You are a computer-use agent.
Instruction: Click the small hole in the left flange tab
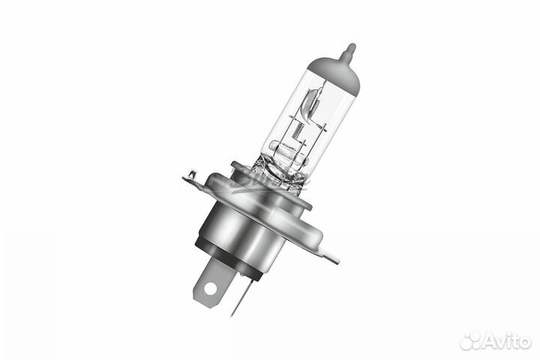point(192,175)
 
